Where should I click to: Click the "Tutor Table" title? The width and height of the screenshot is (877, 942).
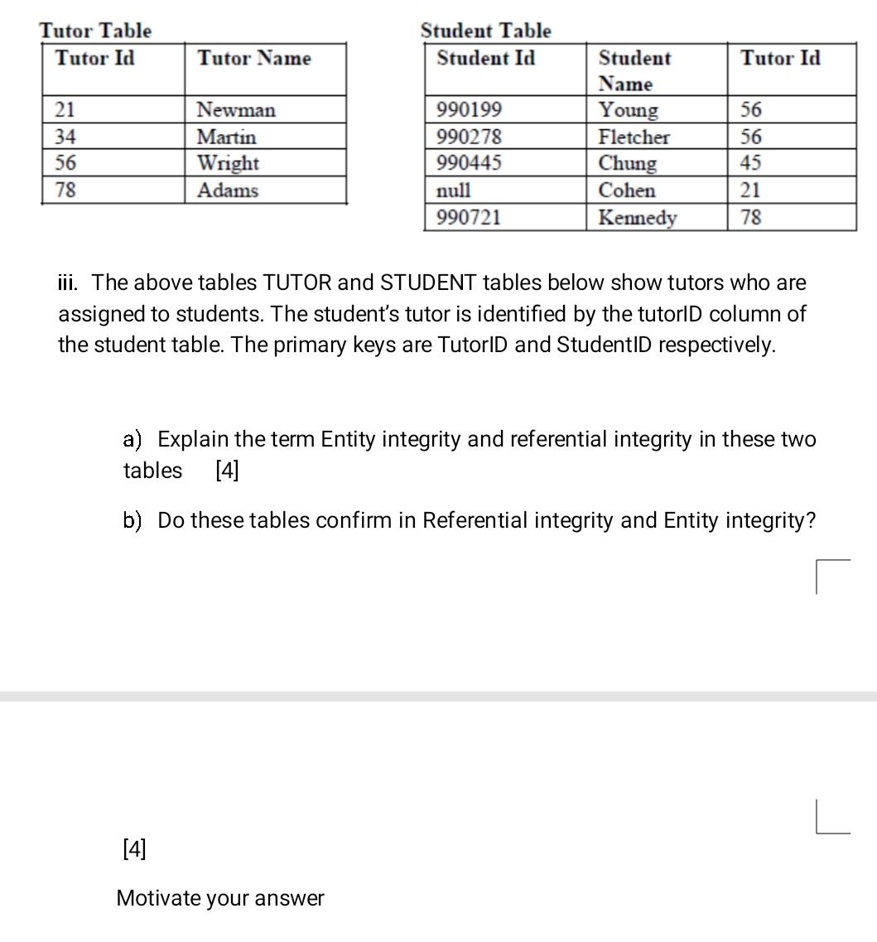[95, 31]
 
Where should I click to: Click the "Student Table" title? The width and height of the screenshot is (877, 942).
[485, 31]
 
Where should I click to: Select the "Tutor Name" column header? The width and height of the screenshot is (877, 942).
[254, 58]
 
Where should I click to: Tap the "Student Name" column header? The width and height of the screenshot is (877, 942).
[634, 70]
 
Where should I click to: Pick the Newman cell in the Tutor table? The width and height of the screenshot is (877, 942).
[236, 110]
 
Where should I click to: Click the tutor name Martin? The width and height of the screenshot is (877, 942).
[226, 137]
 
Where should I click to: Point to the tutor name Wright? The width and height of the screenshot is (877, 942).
[228, 163]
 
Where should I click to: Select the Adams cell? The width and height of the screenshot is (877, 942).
[227, 191]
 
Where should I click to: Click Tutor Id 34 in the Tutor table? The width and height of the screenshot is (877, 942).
[65, 137]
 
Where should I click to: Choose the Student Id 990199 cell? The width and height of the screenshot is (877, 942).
[469, 110]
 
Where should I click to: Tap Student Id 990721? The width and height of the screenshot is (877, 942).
[469, 218]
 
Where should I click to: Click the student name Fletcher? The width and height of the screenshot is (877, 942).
[634, 137]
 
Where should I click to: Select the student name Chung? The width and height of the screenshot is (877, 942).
[628, 163]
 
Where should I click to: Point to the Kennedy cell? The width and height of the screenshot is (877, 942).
[638, 218]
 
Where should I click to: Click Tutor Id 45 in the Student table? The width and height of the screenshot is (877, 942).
[751, 163]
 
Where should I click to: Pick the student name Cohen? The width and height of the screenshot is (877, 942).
[627, 191]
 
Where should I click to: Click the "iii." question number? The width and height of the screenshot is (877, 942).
[70, 283]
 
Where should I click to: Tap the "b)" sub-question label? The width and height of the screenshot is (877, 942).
[133, 520]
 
